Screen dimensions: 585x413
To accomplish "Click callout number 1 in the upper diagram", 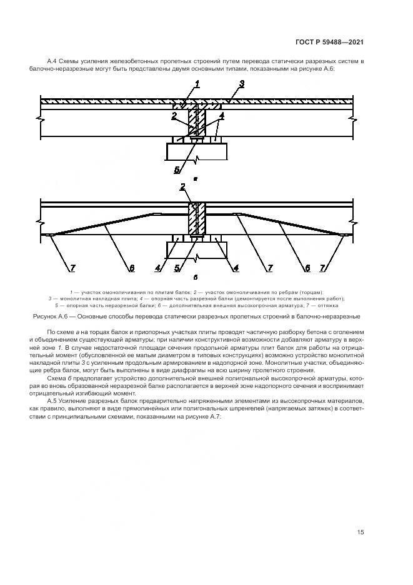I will point(197,83).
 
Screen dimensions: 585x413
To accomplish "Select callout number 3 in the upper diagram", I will point(242,83).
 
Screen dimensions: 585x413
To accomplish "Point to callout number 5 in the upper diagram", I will point(177,169).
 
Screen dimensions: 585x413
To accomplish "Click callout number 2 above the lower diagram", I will point(182,186).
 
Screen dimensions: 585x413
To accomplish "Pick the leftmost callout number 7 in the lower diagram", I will point(72,268).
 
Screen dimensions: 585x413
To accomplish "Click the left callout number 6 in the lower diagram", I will point(131,268).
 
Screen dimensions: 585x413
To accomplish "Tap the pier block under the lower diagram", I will point(197,250).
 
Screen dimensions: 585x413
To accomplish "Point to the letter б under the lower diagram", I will point(196,277).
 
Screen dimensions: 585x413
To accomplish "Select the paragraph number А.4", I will point(52,61).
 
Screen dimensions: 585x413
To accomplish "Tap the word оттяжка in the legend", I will point(328,306).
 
